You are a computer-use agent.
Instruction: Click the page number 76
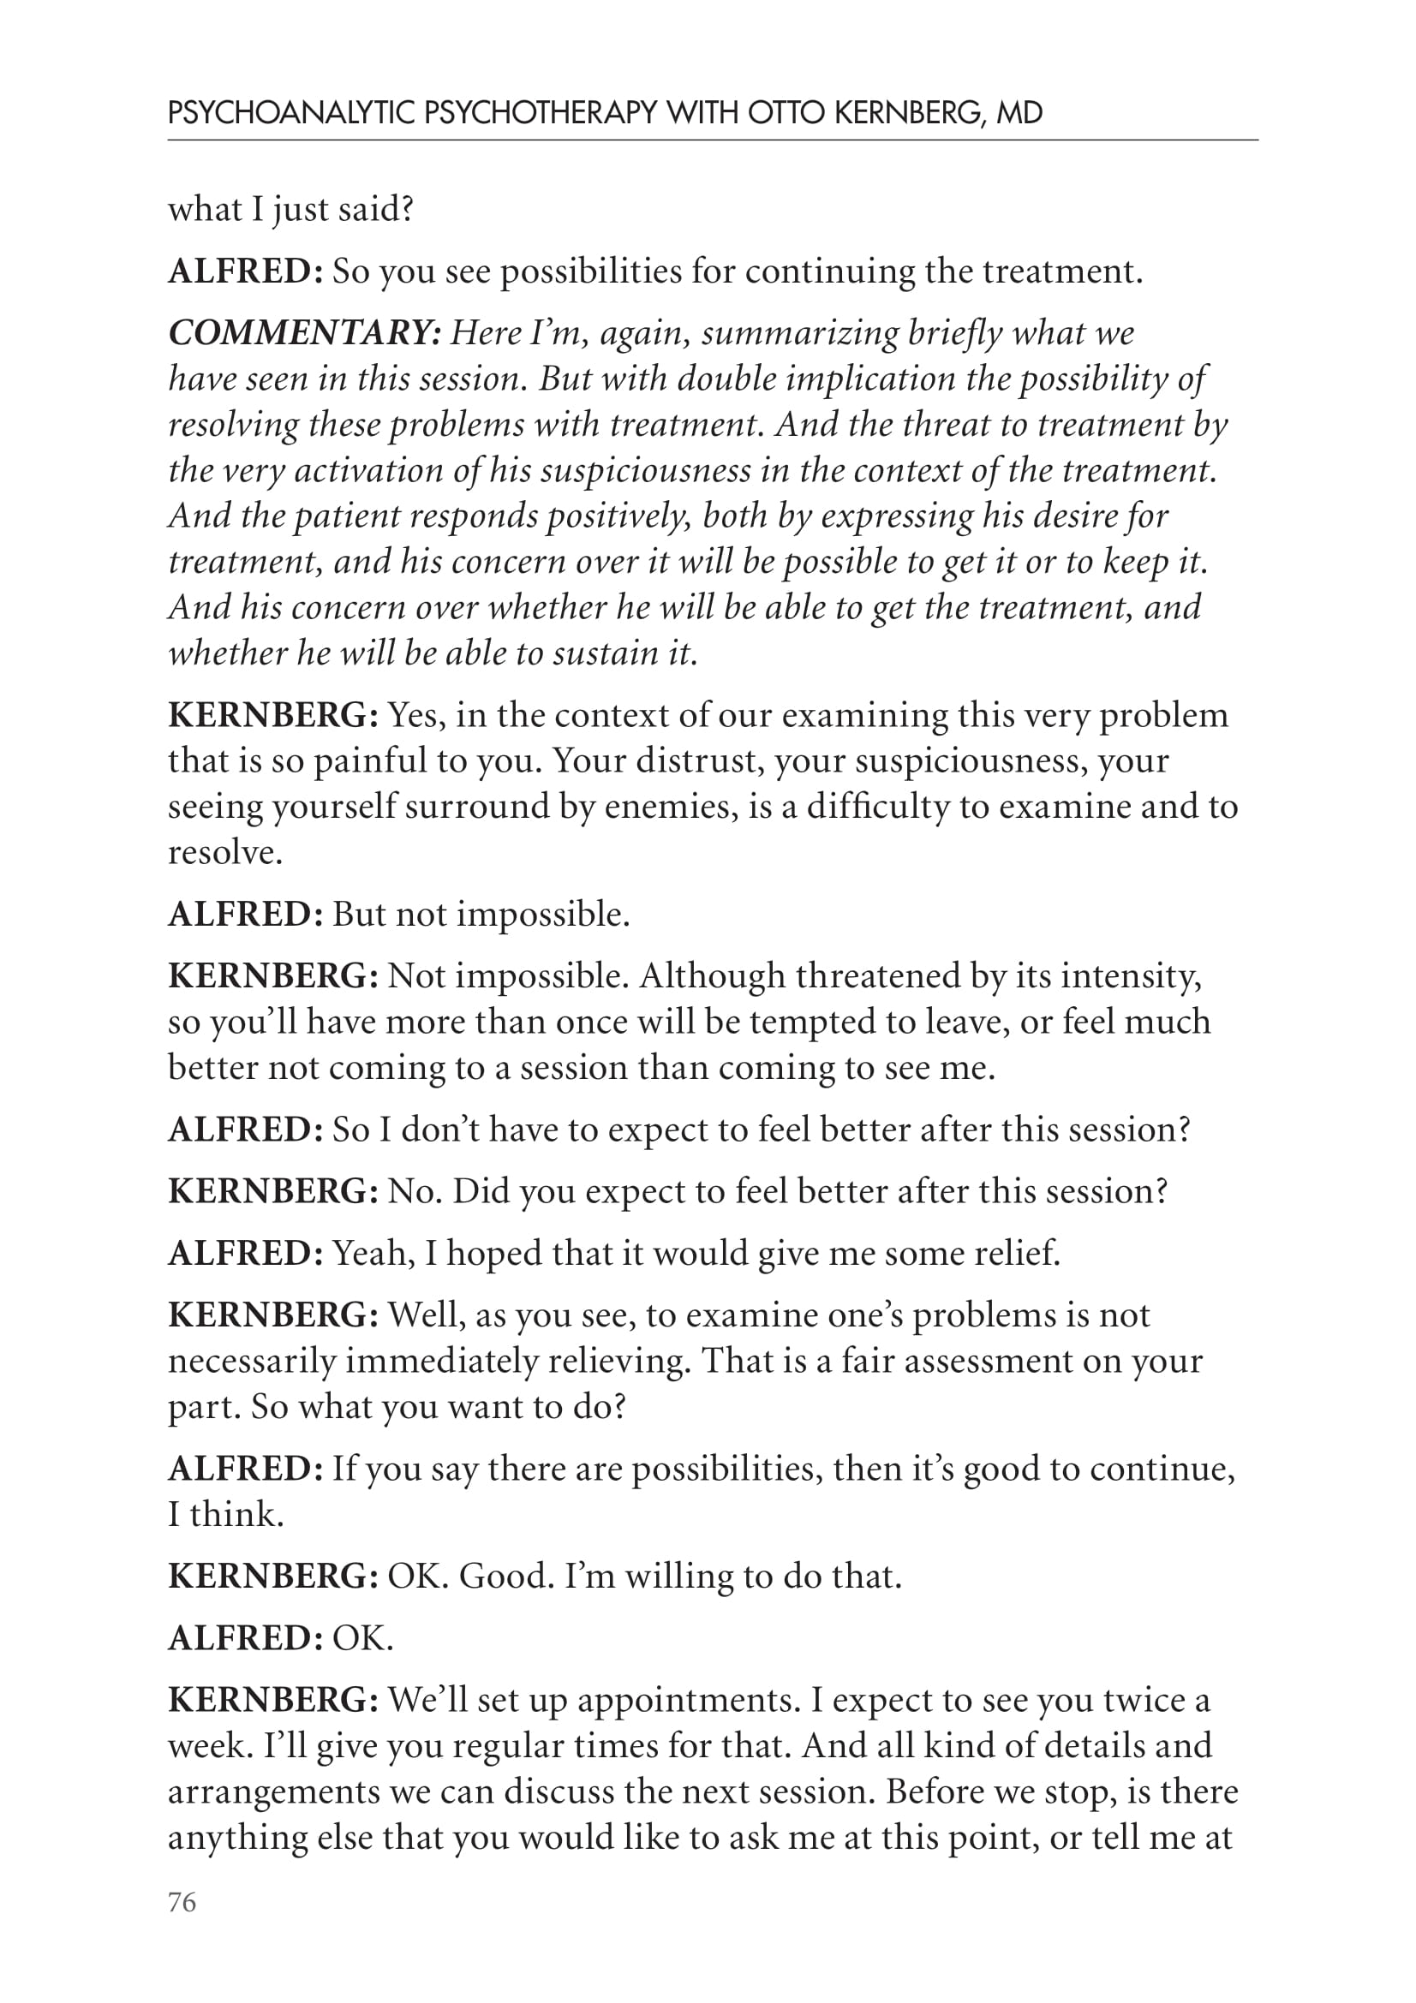click(x=182, y=1902)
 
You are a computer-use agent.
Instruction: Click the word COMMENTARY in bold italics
click(x=304, y=333)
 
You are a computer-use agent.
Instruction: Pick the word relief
click(x=1017, y=1254)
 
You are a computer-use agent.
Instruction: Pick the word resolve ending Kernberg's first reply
click(x=224, y=852)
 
